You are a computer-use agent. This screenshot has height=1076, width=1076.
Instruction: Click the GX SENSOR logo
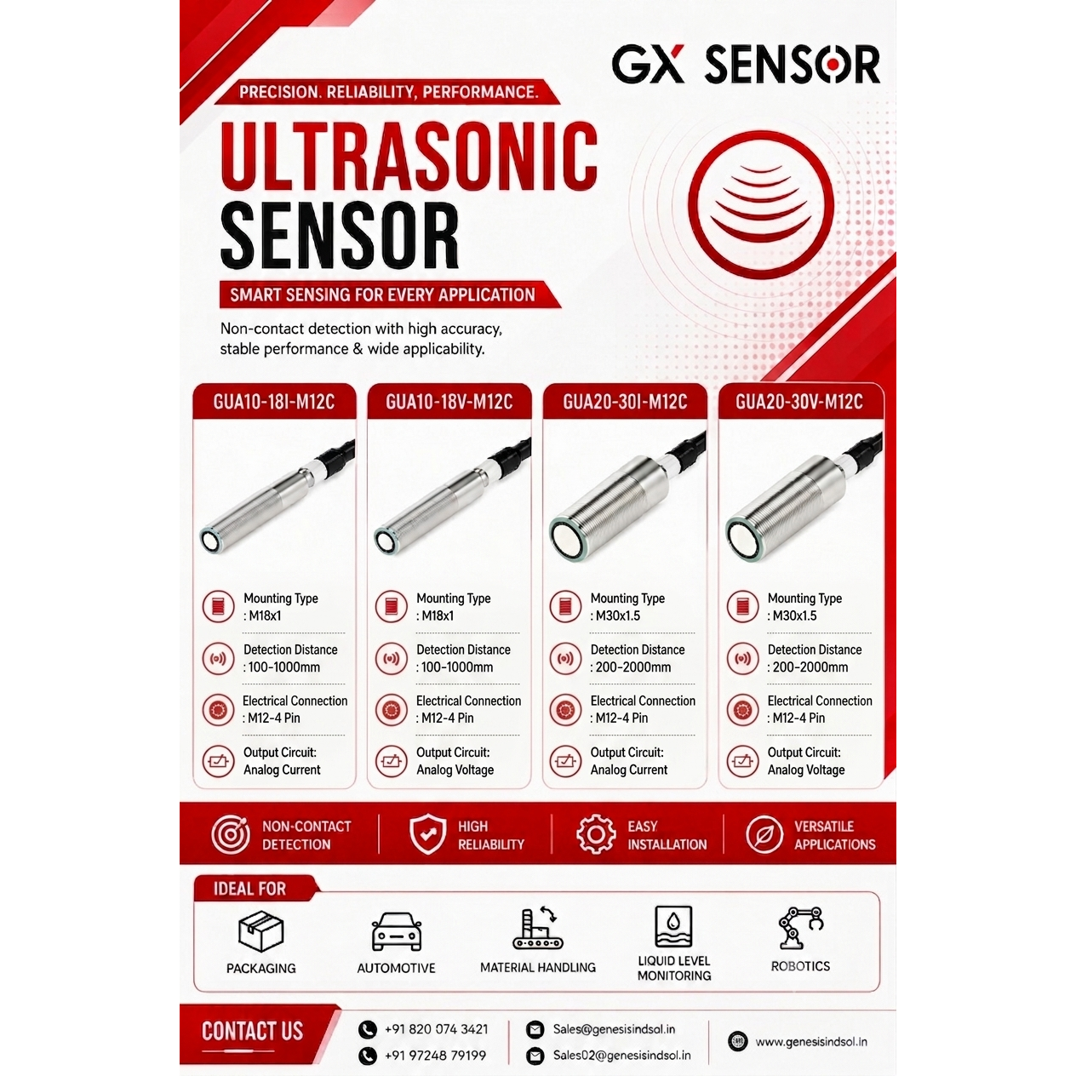(746, 65)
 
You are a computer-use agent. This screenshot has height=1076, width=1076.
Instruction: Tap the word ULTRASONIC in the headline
(409, 156)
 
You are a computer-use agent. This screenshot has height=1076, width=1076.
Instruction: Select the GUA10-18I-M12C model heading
(274, 402)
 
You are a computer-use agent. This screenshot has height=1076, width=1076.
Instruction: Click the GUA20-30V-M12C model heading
(799, 402)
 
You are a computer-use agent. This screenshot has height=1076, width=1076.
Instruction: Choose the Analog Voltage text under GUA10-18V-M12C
(455, 770)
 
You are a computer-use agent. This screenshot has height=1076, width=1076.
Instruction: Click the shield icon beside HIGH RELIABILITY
(427, 834)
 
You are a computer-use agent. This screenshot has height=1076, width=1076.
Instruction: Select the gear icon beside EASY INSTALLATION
(596, 834)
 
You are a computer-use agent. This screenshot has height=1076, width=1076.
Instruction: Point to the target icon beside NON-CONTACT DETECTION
(231, 834)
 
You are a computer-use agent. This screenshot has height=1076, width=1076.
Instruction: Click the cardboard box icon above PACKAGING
(260, 931)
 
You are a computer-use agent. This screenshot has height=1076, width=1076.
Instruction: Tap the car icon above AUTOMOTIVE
(397, 932)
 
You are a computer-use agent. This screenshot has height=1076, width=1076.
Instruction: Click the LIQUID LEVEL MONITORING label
(674, 968)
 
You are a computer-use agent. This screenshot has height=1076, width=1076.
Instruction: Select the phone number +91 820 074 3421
(436, 1029)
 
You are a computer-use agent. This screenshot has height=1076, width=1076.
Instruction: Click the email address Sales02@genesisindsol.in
(621, 1056)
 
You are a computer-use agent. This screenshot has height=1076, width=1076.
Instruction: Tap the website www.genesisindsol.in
(811, 1041)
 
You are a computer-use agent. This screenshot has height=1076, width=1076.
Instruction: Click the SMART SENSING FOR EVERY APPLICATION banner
(390, 295)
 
